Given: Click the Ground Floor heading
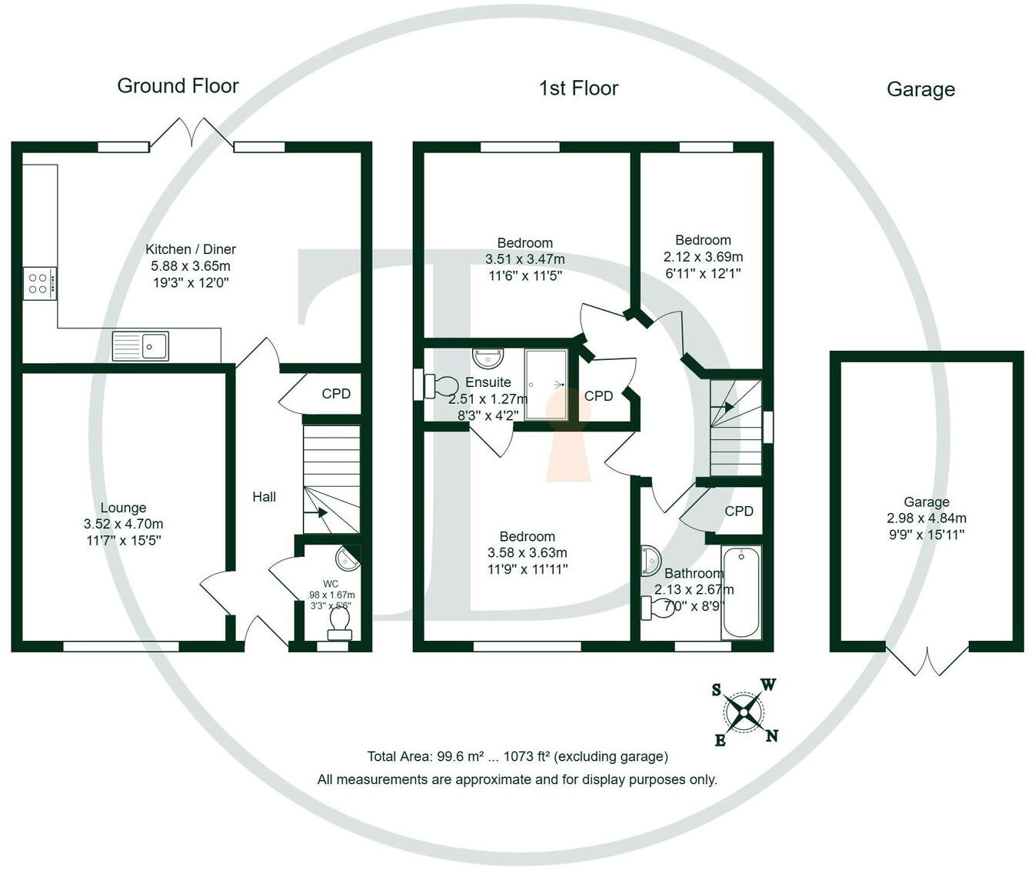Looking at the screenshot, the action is (178, 86).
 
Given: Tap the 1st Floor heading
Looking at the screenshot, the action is (578, 88).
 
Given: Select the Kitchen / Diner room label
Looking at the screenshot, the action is (191, 249).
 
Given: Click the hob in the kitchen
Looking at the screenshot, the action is (39, 282).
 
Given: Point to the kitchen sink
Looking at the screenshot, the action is (141, 345).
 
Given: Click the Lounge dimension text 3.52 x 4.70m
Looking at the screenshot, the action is (123, 524).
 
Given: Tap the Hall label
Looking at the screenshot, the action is (264, 497).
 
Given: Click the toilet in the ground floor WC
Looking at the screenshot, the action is (339, 622).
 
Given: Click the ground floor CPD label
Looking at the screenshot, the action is (336, 394).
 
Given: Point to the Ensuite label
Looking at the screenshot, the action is (488, 382).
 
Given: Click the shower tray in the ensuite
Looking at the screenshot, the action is (547, 384).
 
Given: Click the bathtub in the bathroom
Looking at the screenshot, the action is (741, 592).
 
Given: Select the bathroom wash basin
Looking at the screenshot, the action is (650, 559).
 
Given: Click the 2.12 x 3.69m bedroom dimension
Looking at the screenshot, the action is (703, 257).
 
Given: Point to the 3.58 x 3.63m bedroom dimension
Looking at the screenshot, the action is (527, 553).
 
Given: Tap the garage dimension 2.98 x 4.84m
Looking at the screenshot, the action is (927, 518).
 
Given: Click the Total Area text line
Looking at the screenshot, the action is (517, 757).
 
